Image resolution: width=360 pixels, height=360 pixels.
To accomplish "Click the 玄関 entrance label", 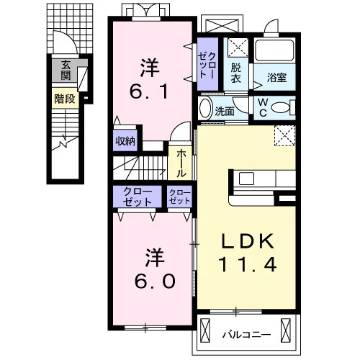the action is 66,71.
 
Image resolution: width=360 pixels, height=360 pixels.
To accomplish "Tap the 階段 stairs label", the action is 65,99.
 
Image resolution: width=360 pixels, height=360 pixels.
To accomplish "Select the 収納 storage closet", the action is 125,140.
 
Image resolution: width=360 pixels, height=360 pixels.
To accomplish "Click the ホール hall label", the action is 181,163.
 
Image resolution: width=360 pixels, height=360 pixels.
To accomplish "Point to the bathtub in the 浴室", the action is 274,50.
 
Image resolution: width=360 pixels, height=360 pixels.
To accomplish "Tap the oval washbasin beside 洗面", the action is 205,109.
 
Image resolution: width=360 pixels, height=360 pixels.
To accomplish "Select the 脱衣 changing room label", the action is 236,73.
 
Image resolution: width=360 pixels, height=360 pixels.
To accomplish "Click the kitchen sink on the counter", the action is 246,179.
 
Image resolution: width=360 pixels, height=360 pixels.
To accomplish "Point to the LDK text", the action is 248,241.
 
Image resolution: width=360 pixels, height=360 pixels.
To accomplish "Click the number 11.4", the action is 248,264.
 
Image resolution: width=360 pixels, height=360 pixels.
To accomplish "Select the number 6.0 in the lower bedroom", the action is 155,281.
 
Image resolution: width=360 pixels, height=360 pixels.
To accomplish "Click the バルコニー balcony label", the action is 246,334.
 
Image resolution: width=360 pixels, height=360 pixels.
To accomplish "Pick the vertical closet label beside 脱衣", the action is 207,65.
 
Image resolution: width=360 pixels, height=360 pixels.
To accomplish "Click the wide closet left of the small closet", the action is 138,197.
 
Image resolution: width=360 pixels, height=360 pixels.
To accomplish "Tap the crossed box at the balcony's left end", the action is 205,330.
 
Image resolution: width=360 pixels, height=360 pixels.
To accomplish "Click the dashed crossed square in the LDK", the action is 285,135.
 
